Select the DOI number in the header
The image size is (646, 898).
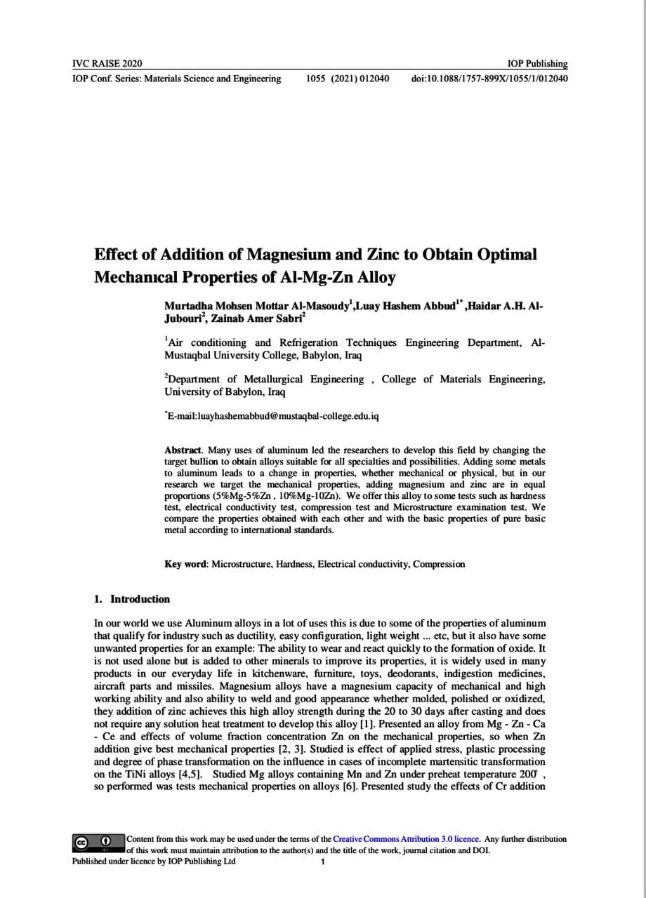point(489,79)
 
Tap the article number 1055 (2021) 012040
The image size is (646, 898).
point(348,79)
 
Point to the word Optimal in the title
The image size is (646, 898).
point(508,254)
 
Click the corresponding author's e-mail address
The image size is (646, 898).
point(274,416)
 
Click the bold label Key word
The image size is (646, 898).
point(185,564)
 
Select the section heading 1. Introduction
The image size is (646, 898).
point(132,599)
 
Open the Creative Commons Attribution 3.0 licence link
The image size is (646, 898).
point(406,839)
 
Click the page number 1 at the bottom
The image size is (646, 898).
point(322,862)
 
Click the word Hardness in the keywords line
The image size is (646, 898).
point(294,564)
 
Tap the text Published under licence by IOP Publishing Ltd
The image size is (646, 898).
point(154,862)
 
